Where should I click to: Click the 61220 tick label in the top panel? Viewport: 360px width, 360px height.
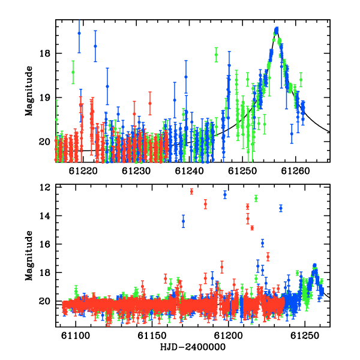tap(83, 171)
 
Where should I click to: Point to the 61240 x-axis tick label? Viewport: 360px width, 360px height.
tap(189, 171)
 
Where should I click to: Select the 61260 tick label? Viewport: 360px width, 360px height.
tap(295, 171)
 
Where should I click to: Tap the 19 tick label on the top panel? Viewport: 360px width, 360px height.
tap(44, 98)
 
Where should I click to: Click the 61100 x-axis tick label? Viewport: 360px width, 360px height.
tap(76, 335)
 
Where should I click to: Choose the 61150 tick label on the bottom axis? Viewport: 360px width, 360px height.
tap(152, 335)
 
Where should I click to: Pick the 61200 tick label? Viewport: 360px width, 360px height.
tap(228, 335)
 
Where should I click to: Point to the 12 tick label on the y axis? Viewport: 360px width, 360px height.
tap(44, 187)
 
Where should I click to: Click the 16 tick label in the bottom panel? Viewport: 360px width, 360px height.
tap(44, 244)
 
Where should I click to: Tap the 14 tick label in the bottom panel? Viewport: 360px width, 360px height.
tap(44, 216)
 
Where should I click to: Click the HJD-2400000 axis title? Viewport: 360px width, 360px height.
tap(193, 347)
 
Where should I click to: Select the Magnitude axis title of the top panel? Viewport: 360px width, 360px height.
tap(29, 91)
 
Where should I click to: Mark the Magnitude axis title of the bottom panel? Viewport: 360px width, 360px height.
tap(29, 256)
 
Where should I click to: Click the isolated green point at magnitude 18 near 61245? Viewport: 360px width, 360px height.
tap(216, 55)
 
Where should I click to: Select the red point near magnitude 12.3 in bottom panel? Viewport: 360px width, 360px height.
tap(191, 191)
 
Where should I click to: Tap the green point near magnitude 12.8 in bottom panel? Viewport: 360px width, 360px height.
tap(256, 198)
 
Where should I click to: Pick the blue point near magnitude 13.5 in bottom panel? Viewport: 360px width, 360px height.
tap(281, 208)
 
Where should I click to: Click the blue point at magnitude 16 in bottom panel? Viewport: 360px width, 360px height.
tap(262, 243)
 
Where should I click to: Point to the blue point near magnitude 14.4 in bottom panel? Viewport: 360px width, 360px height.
tap(183, 221)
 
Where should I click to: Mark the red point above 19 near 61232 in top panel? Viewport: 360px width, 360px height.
tap(150, 103)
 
